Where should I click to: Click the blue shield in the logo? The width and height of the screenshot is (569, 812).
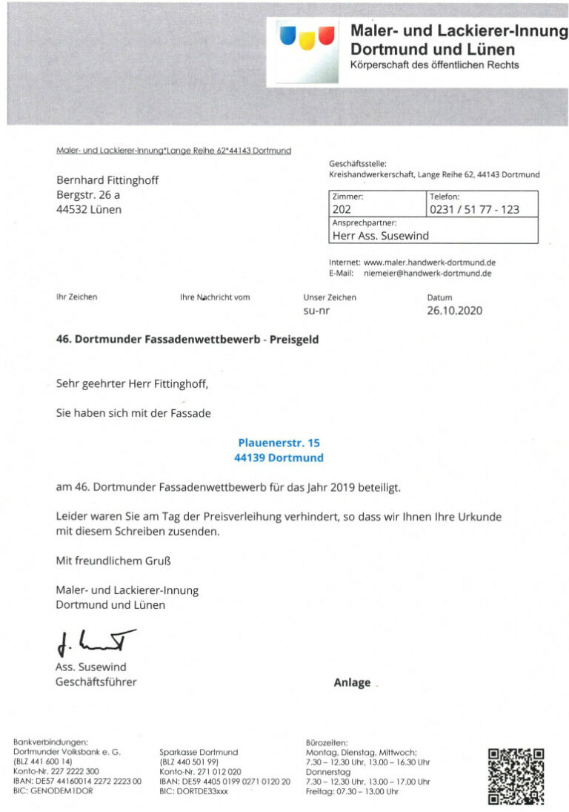[288, 35]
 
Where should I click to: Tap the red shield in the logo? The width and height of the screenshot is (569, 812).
[325, 35]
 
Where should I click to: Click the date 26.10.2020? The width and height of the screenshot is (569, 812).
[454, 311]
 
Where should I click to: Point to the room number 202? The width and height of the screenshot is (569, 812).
[342, 210]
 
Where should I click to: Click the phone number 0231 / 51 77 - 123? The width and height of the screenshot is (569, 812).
[475, 210]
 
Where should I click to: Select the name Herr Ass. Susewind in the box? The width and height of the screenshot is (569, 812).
[381, 236]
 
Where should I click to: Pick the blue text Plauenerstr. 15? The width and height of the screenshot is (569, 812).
[279, 443]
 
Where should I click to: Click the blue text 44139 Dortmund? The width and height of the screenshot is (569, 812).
[279, 458]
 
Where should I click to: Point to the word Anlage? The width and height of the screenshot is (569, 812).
[352, 683]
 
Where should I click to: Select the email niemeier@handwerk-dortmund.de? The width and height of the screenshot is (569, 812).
[427, 273]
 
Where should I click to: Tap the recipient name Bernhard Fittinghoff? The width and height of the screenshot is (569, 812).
[107, 180]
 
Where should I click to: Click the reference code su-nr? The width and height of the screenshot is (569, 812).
[316, 311]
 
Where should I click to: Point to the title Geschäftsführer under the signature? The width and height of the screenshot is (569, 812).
[96, 681]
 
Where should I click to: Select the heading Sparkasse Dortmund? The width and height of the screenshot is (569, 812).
[199, 752]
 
